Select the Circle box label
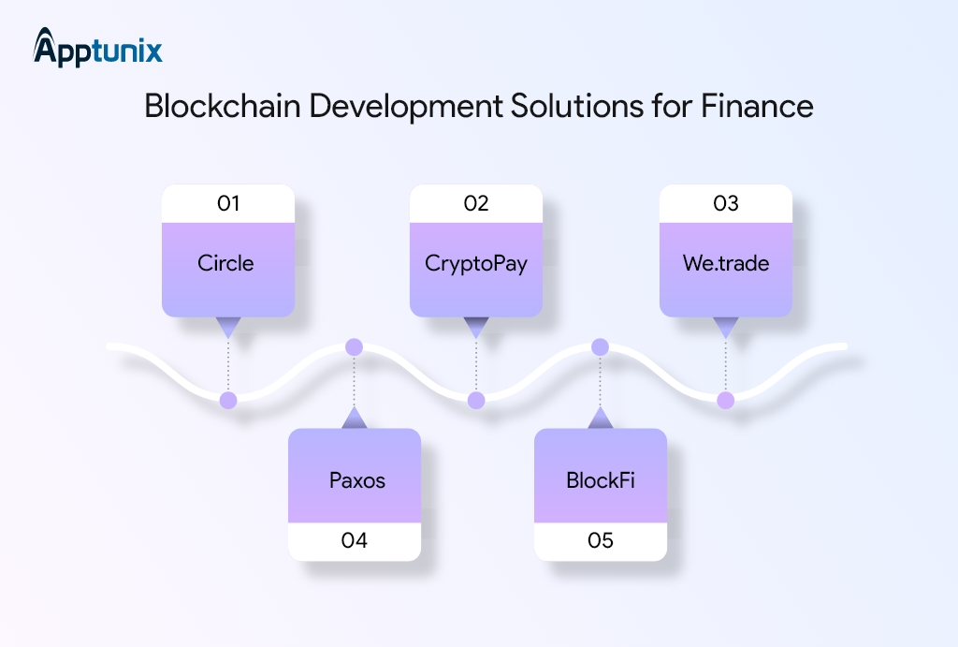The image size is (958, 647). [x=226, y=263]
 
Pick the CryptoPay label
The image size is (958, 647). [x=476, y=263]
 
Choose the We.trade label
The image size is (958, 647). [x=726, y=263]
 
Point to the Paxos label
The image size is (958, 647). [x=356, y=481]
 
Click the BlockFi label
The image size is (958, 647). [x=601, y=481]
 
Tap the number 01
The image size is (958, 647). [x=228, y=203]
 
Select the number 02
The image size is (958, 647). [x=476, y=203]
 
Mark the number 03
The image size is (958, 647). [x=726, y=203]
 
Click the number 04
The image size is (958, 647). [x=355, y=540]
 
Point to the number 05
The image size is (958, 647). [x=601, y=540]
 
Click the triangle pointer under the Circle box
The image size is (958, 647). [x=228, y=328]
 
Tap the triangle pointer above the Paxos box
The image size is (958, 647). [x=354, y=419]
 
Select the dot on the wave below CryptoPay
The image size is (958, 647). [x=476, y=401]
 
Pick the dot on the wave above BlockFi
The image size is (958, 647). [x=601, y=347]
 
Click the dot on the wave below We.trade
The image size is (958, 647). [x=725, y=401]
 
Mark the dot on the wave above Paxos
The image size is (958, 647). [x=354, y=347]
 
